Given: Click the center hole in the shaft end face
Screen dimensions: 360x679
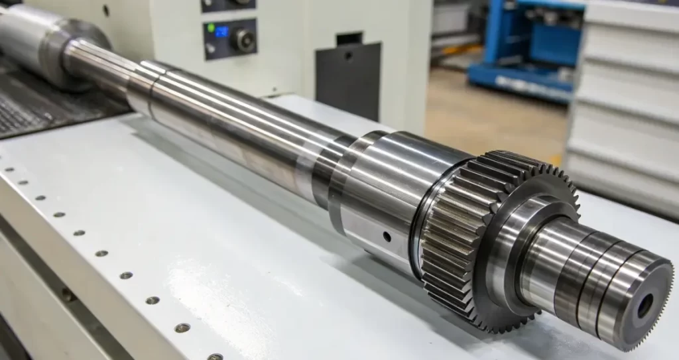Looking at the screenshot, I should [x=645, y=306].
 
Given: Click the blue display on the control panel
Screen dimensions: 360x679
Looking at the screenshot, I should [x=221, y=31].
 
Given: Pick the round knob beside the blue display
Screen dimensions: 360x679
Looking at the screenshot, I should [x=243, y=40].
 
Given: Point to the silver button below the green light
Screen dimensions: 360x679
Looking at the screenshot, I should [x=211, y=48].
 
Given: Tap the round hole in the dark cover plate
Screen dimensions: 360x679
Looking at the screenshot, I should [x=347, y=56].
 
